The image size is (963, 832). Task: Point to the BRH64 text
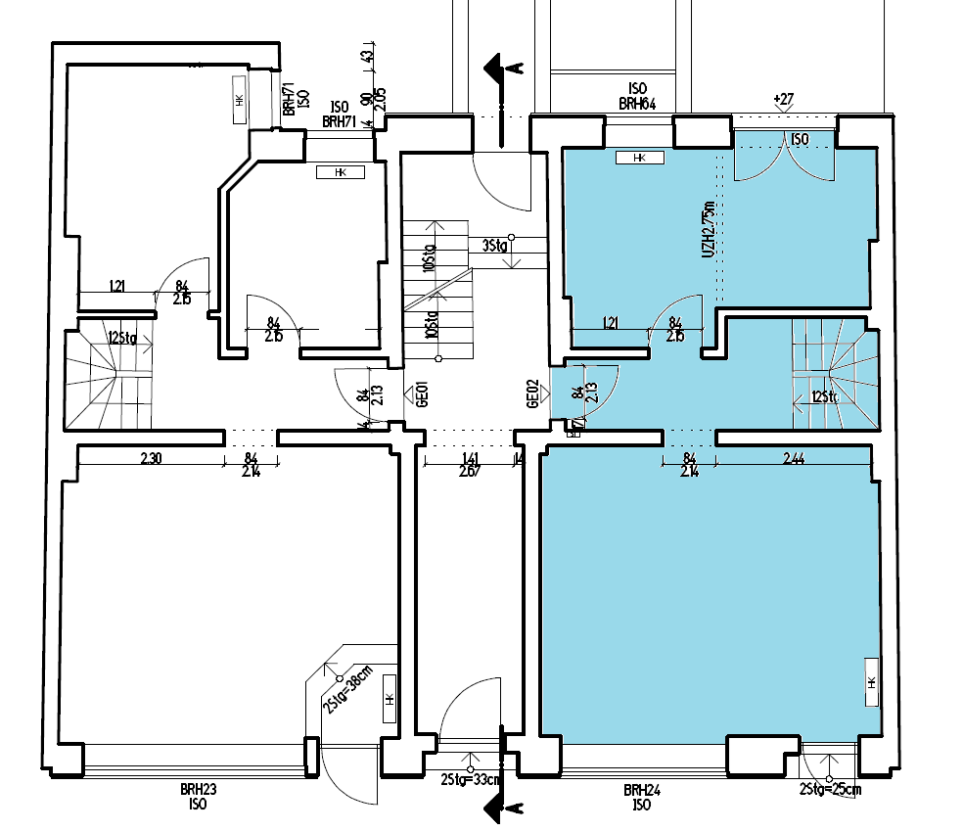[637, 103]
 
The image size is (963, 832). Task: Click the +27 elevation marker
[783, 99]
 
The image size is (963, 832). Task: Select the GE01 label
[424, 394]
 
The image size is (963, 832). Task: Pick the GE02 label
[533, 394]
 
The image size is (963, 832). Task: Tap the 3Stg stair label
[494, 247]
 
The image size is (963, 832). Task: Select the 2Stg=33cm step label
[472, 779]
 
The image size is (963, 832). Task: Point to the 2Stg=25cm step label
[830, 788]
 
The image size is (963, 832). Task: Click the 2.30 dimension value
[151, 457]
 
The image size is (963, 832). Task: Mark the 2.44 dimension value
[794, 458]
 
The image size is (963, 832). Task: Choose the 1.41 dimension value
[469, 457]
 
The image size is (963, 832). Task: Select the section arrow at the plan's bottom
[501, 809]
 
